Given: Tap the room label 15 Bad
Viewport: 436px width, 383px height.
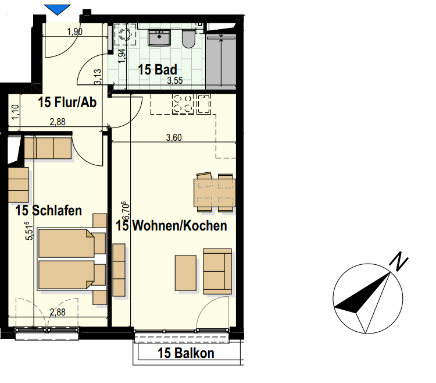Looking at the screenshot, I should pos(158,70).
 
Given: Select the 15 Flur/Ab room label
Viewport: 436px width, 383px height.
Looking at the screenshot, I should pos(67,103).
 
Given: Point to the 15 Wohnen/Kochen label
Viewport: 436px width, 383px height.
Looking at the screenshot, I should pos(171,225).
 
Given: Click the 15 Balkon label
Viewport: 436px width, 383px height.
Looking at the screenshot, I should pos(185,353).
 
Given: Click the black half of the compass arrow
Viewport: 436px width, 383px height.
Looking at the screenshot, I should pos(360,297).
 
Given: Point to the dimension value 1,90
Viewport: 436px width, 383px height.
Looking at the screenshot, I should pos(74,32).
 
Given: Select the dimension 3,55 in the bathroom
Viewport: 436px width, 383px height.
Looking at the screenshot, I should pos(175,81).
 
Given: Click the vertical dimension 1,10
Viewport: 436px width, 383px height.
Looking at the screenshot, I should pos(16,111).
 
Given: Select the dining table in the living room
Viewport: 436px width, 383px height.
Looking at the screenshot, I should pos(215,192).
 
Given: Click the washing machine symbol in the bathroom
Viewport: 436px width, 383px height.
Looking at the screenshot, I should pos(124,34).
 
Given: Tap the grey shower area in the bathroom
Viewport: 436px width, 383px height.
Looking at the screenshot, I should pos(221,61).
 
